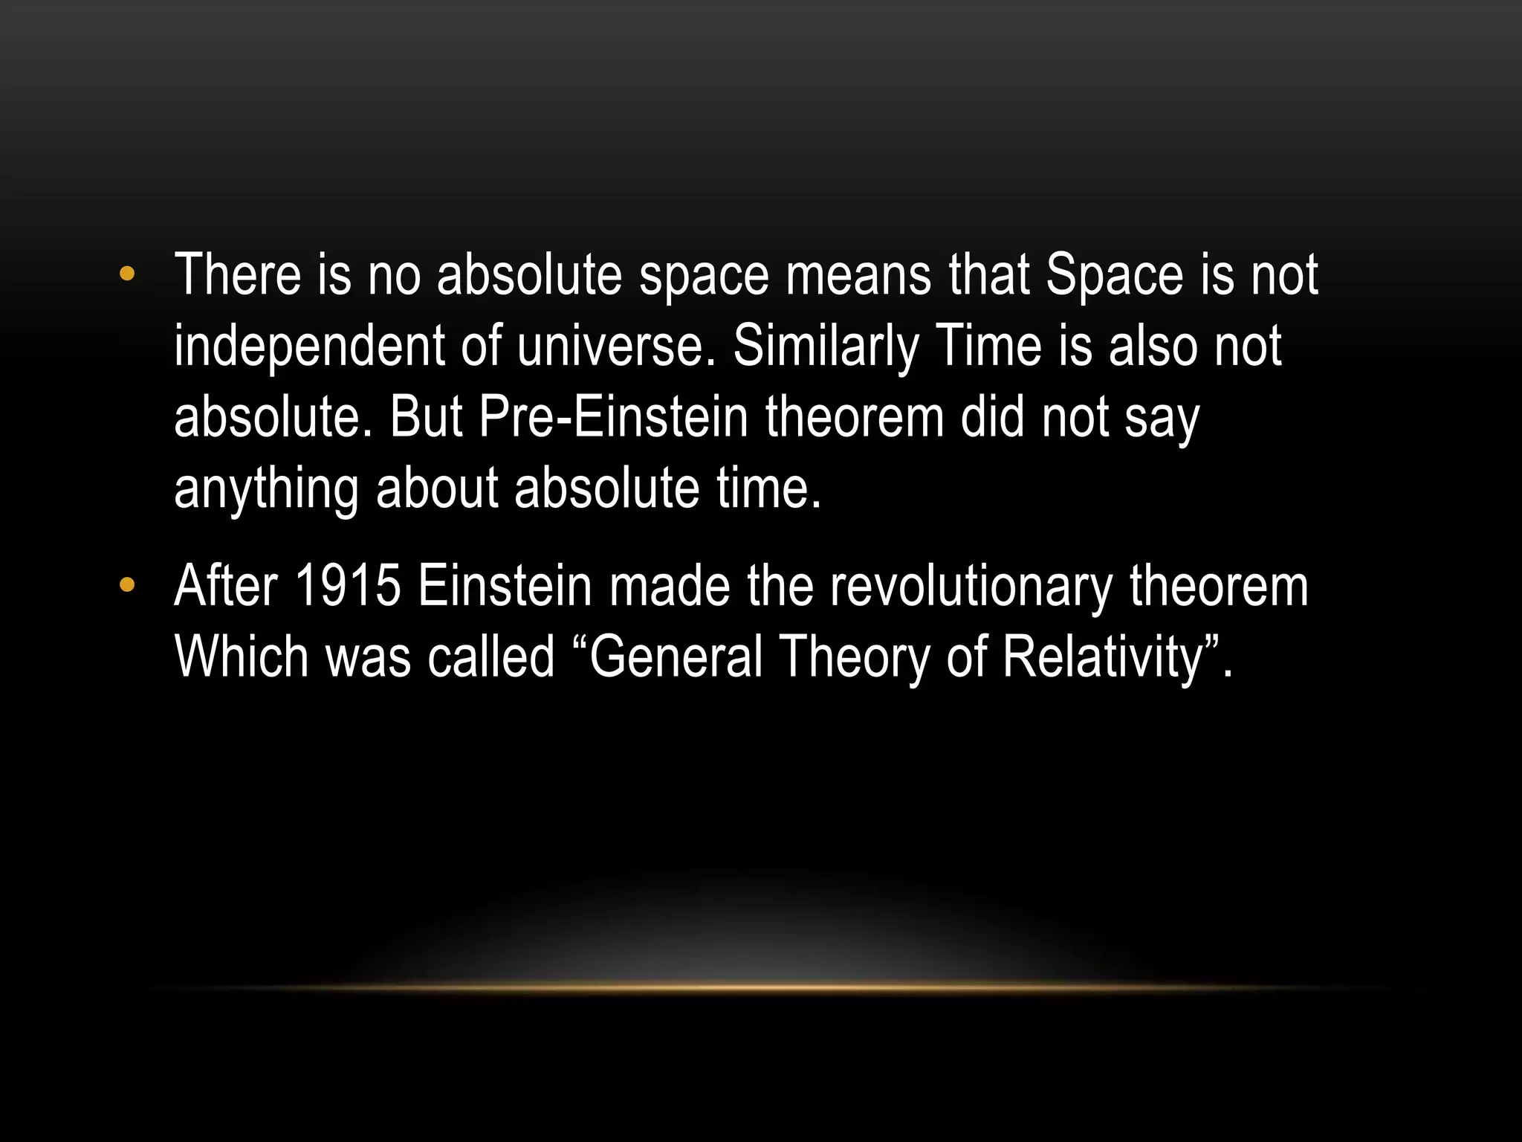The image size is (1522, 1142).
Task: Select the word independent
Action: pyautogui.click(x=308, y=346)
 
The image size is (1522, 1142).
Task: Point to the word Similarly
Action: pyautogui.click(x=826, y=346)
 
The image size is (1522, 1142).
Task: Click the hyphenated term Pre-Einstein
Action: pyautogui.click(x=613, y=417)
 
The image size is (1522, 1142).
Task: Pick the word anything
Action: pyautogui.click(x=265, y=489)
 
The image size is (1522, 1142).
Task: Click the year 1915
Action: pyautogui.click(x=348, y=587)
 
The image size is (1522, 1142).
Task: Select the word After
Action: pyautogui.click(x=226, y=587)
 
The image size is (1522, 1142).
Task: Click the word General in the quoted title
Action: pyautogui.click(x=676, y=657)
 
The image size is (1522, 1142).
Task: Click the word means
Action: pyautogui.click(x=858, y=274)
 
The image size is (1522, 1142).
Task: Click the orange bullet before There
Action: pyautogui.click(x=127, y=274)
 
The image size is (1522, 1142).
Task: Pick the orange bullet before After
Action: pyautogui.click(x=127, y=587)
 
